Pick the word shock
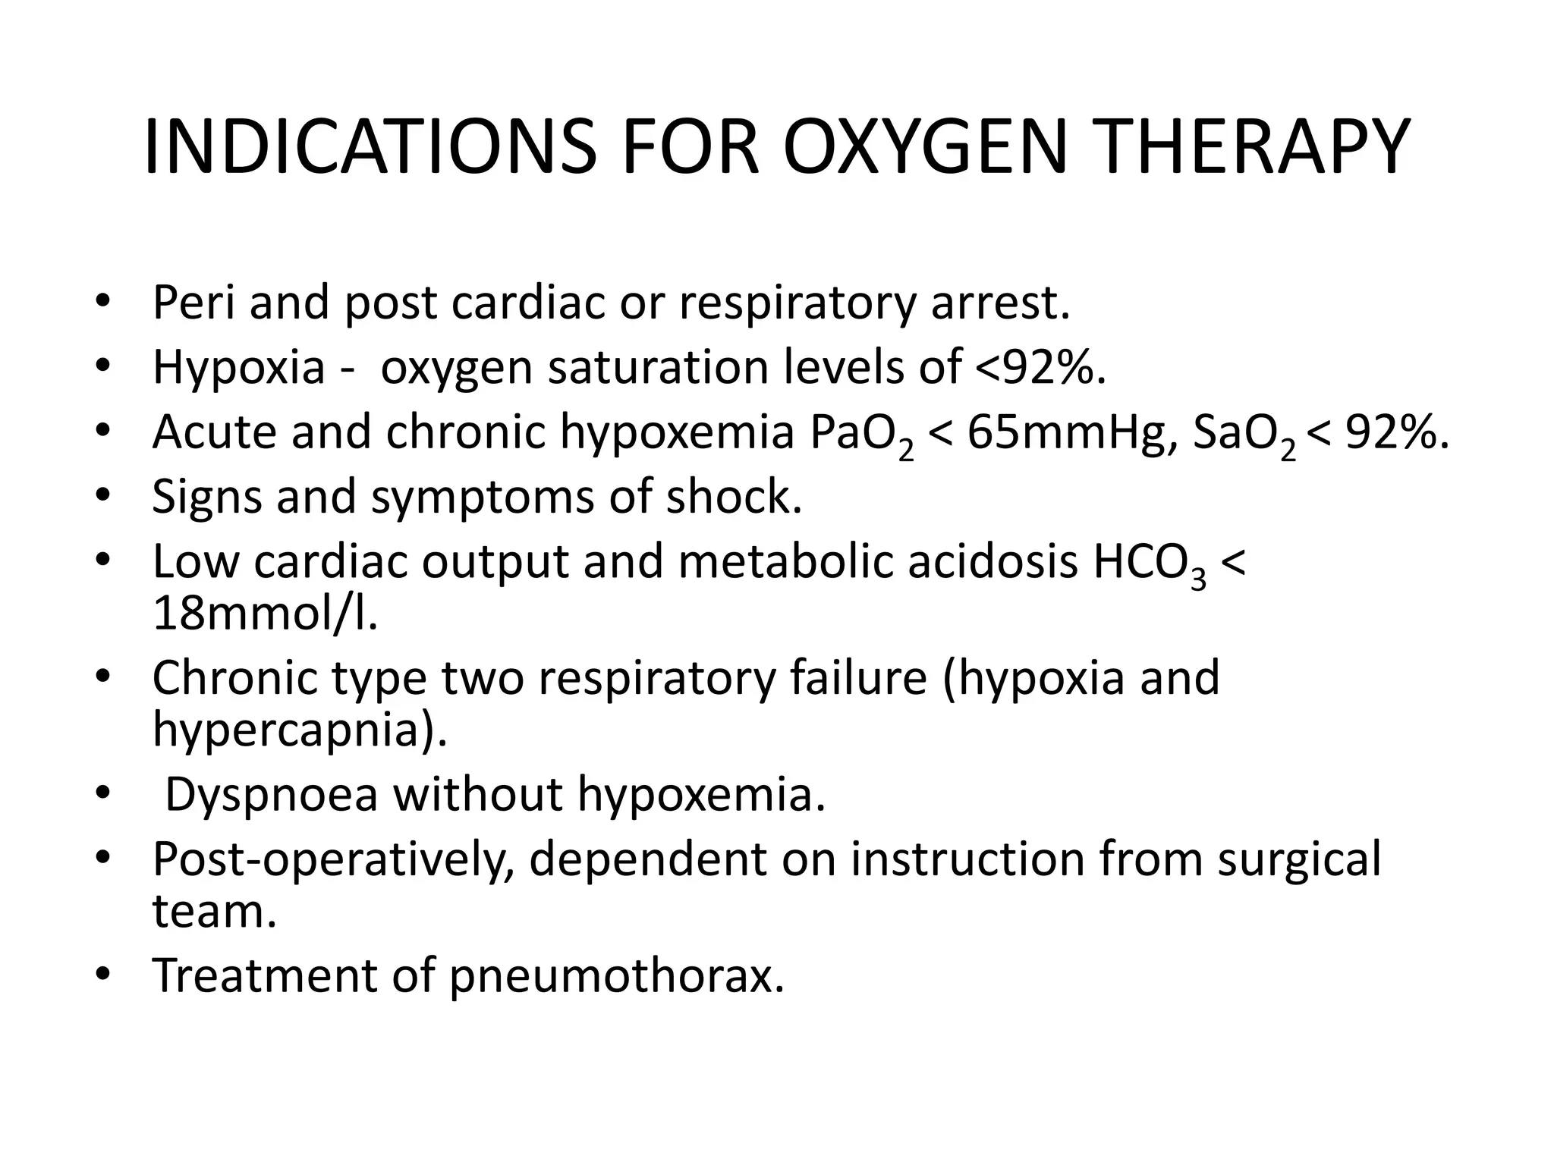coord(734,497)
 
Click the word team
coord(214,911)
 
